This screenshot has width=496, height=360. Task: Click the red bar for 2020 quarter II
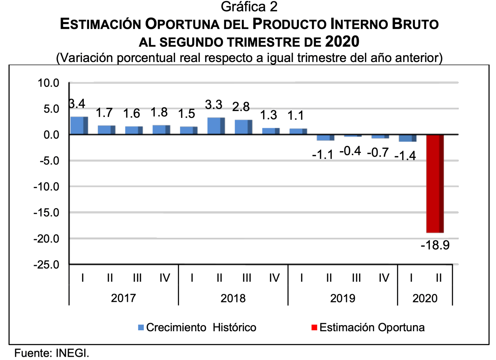pos(435,183)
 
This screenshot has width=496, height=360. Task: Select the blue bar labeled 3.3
pos(216,126)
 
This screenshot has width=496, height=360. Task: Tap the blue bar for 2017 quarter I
pos(79,125)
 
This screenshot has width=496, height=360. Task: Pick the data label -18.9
pos(435,245)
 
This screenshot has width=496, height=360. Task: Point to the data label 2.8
pos(241,107)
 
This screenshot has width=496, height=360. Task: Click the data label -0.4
pos(350,151)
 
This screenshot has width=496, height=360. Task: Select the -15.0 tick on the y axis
pos(46,213)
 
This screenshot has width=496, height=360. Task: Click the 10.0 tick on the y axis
pos(48,83)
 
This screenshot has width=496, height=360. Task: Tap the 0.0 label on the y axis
pos(51,135)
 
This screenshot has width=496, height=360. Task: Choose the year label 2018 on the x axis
pos(233,298)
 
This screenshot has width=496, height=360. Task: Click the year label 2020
pos(425,298)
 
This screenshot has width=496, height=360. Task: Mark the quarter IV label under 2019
pos(384,278)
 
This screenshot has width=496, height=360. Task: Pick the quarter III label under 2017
pos(137,278)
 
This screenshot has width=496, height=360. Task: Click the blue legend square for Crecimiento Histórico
pos(141,327)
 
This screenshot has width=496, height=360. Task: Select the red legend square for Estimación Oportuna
pos(314,327)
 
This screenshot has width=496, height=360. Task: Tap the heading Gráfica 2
pos(249,7)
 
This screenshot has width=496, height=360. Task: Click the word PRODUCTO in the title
pos(289,24)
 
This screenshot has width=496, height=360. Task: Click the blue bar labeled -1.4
pos(408,138)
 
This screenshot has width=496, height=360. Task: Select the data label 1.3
pos(268,115)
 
